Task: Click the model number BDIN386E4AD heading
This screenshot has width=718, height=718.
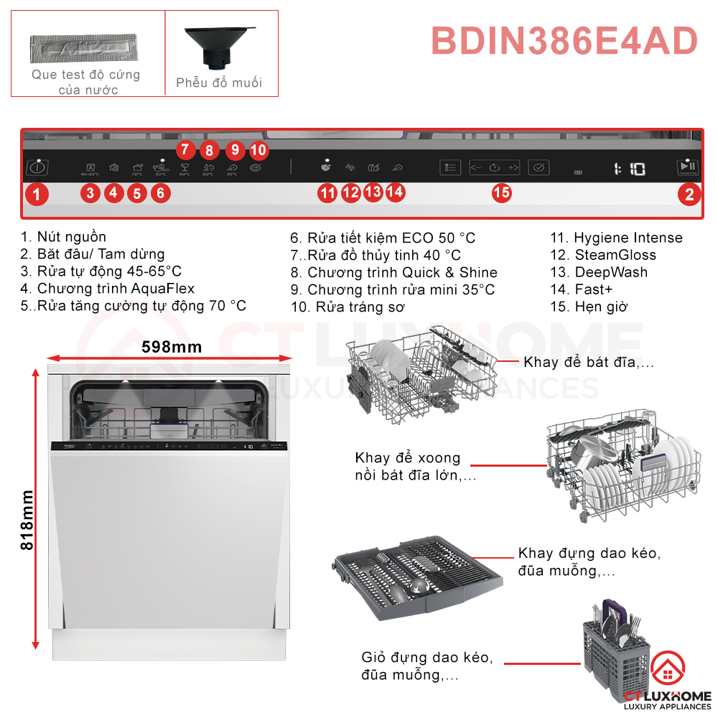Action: coord(564,41)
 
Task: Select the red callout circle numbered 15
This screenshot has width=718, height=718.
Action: coord(502,192)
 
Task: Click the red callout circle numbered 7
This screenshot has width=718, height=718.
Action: coord(185,149)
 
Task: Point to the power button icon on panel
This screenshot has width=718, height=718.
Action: coord(37,168)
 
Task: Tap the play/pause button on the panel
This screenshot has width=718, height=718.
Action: coord(686,167)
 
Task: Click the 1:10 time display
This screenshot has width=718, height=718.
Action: coord(630,169)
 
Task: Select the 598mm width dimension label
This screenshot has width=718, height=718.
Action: coord(172,348)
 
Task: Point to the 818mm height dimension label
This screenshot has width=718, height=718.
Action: coord(27,520)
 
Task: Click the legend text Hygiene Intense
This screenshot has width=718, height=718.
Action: coord(628,238)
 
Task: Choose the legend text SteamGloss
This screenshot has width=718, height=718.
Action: coord(615,255)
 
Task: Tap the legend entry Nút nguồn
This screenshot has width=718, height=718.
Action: coord(64,237)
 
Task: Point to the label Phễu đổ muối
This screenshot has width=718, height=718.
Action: coord(219,83)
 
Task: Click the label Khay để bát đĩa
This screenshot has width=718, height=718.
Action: coord(589,362)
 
